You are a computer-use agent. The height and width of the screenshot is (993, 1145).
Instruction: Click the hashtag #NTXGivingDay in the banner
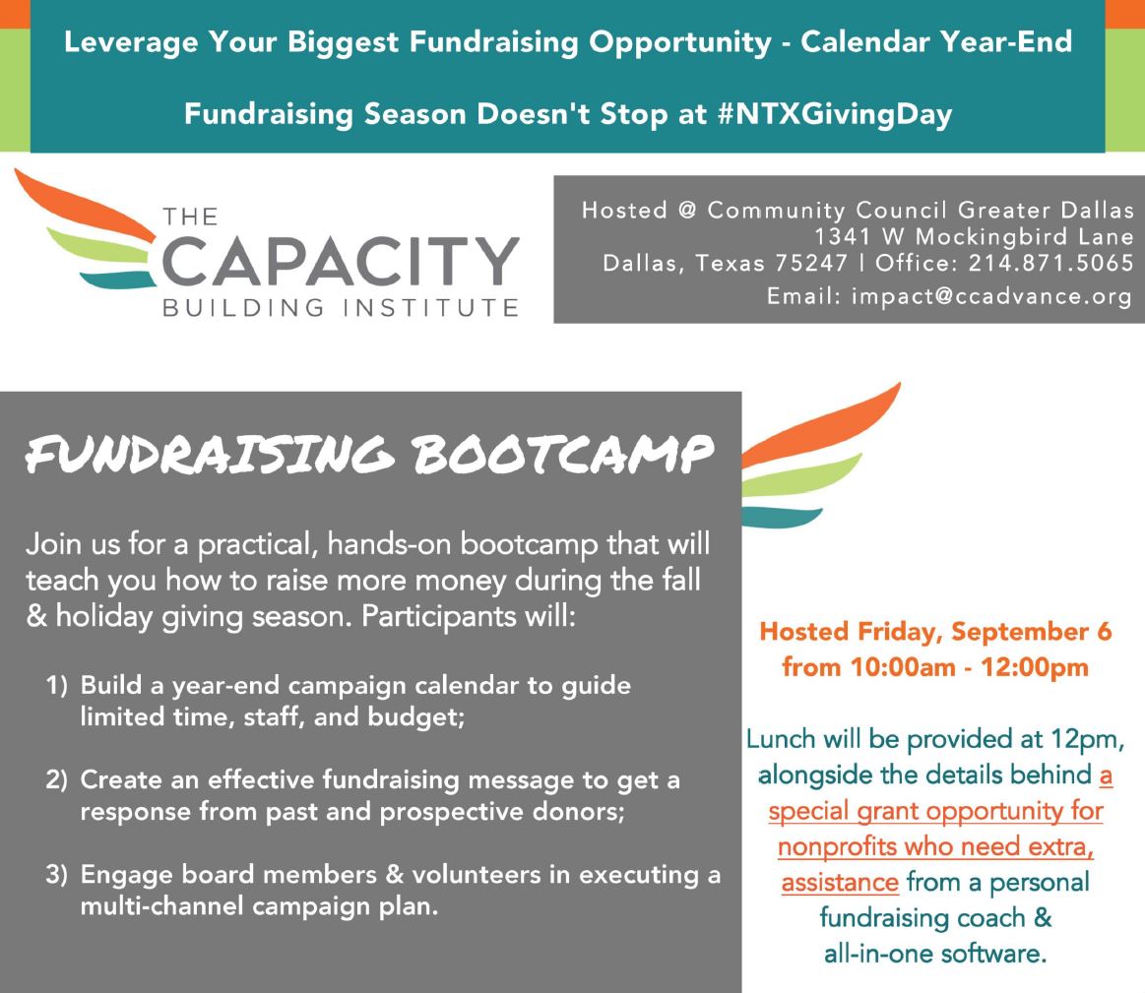[835, 114]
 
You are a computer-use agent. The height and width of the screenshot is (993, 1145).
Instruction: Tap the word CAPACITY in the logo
[341, 261]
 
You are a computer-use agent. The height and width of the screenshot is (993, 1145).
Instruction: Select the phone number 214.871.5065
[1050, 263]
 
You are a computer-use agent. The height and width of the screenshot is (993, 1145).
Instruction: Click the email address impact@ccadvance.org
[991, 295]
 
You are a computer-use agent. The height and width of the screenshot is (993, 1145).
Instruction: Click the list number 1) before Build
[57, 685]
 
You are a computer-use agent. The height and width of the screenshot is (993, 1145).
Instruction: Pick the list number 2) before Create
[57, 779]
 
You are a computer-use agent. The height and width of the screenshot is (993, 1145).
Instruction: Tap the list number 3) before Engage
[57, 875]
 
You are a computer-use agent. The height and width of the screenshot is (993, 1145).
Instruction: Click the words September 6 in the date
[1031, 632]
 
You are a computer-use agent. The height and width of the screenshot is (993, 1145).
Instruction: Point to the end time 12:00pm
[1035, 667]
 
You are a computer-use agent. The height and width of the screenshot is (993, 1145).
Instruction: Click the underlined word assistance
[840, 883]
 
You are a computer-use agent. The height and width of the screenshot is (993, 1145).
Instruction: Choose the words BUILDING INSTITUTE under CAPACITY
[341, 307]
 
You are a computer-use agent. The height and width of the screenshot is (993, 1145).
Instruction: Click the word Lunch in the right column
[781, 740]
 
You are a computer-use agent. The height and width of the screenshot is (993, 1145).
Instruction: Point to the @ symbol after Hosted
[687, 211]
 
